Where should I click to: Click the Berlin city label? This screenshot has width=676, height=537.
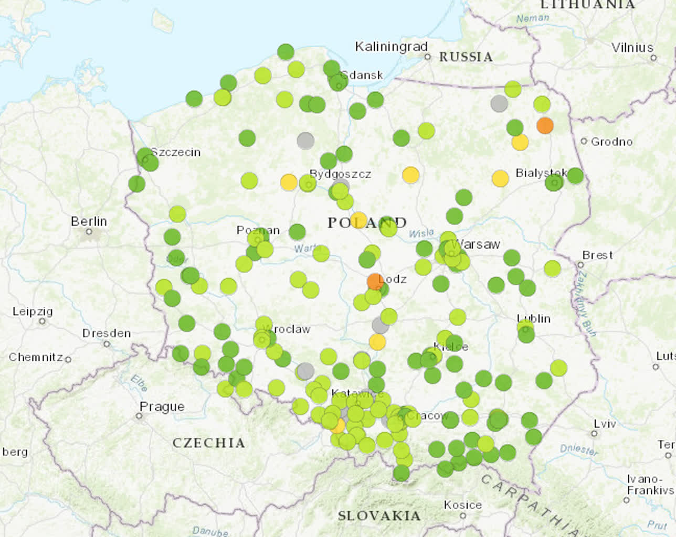[89, 221]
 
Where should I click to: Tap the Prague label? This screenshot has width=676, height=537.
[162, 406]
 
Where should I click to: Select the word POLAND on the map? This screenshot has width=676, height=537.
[367, 223]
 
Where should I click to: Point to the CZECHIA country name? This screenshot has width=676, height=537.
[209, 443]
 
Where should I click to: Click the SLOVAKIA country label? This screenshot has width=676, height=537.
[379, 515]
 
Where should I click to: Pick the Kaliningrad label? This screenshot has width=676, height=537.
[391, 47]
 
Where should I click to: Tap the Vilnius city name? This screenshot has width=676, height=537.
[632, 47]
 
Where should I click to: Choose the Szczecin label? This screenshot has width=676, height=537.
[175, 152]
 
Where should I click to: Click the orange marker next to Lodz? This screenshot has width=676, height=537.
[375, 281]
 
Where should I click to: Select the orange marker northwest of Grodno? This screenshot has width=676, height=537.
[545, 125]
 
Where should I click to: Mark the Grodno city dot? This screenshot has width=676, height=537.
[584, 141]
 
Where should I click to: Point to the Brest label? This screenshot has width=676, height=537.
[598, 255]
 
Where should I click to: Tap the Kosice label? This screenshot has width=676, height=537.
[462, 504]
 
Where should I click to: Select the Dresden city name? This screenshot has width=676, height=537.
[107, 334]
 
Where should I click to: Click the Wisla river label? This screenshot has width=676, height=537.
[421, 233]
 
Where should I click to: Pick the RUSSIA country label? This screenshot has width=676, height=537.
[466, 57]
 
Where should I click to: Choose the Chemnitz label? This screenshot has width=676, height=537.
[36, 357]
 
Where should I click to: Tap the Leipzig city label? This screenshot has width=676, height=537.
[33, 311]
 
